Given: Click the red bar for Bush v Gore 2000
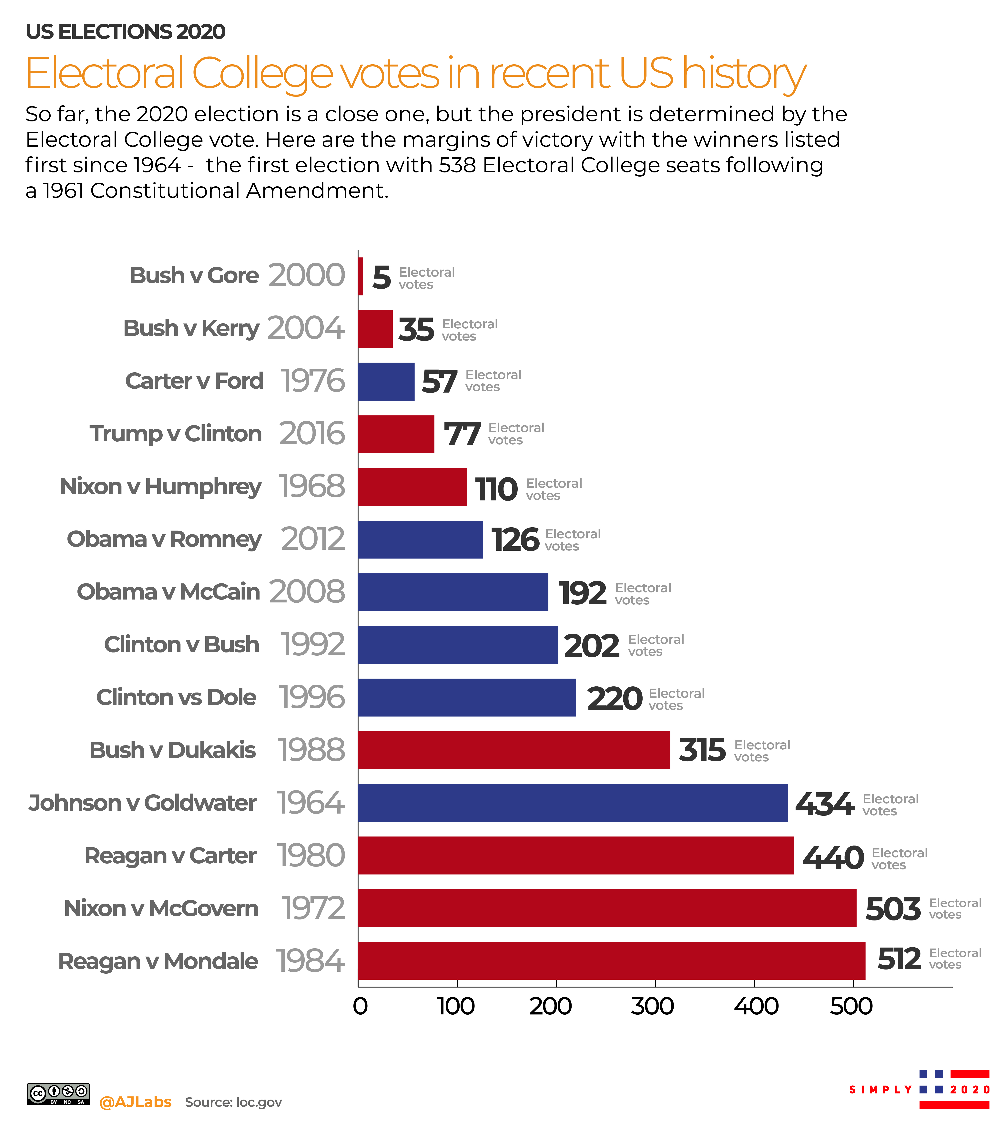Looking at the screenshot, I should (361, 276).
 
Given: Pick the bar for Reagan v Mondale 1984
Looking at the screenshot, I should (611, 961).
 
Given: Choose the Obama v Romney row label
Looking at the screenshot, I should (164, 539).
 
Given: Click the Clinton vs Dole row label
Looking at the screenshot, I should (176, 697).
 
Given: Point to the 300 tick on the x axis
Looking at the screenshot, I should (653, 1006).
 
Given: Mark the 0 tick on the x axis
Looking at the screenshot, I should (360, 1006).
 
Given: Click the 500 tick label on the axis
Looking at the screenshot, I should (851, 1006).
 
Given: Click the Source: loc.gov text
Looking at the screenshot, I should (233, 1102).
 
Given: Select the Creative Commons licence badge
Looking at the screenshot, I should (58, 1094).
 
